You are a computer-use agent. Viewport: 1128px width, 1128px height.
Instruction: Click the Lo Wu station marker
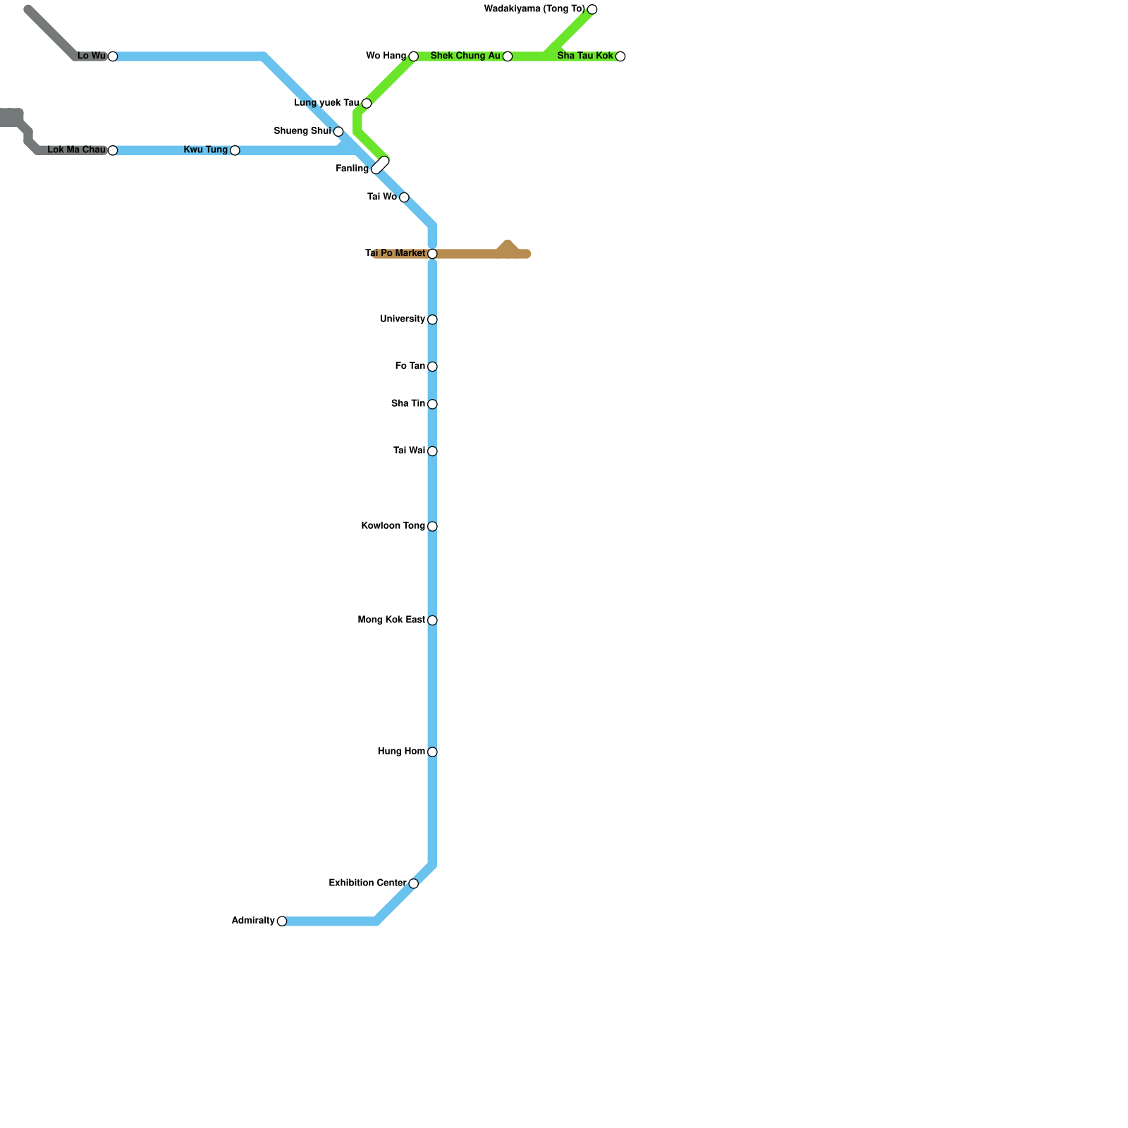[x=113, y=56]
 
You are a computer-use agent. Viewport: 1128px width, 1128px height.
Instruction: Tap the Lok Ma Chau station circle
[x=113, y=150]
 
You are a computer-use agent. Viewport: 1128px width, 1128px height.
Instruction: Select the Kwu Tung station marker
[x=235, y=150]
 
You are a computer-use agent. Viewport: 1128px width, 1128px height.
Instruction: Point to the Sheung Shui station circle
[x=338, y=132]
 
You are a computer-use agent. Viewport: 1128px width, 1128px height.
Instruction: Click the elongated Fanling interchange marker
[x=381, y=165]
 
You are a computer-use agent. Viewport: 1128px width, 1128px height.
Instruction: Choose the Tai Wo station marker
[x=404, y=197]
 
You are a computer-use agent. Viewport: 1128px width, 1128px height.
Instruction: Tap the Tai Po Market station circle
[x=432, y=254]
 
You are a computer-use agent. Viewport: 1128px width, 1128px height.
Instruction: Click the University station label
[x=402, y=319]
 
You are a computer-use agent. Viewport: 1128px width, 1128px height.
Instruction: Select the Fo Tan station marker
[x=432, y=367]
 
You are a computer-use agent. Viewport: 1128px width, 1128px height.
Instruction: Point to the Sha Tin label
[x=408, y=404]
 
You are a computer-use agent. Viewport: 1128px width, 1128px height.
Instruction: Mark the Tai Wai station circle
[x=432, y=451]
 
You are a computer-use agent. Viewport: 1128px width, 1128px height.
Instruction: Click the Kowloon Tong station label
[x=393, y=526]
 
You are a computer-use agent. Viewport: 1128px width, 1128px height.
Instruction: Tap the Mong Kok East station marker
[x=432, y=620]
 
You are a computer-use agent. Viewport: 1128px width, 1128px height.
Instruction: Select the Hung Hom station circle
[x=432, y=752]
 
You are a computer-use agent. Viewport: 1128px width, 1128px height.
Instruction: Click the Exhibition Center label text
[x=367, y=883]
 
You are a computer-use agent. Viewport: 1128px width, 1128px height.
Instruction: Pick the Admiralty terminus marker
[x=282, y=921]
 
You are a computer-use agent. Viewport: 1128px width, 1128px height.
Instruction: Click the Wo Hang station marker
[x=414, y=56]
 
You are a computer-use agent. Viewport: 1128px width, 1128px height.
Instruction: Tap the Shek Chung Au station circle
[x=508, y=56]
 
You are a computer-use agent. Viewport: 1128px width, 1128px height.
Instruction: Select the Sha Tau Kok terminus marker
[x=620, y=56]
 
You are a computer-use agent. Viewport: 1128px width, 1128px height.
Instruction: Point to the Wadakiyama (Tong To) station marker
[x=592, y=9]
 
